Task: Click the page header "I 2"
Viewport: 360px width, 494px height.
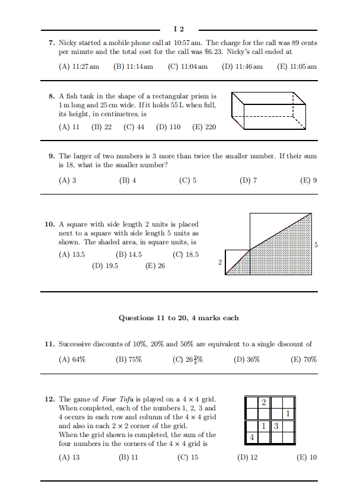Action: tap(179, 28)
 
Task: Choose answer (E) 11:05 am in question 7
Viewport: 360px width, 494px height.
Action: tap(297, 66)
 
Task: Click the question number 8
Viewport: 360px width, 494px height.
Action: tap(51, 95)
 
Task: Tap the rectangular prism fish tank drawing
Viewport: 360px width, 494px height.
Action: tap(269, 111)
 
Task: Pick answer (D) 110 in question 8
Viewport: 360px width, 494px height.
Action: tap(168, 127)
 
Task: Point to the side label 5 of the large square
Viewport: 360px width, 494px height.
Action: tap(316, 245)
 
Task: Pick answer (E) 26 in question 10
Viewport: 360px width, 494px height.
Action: tap(155, 266)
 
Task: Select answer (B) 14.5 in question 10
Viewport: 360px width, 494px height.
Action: tap(129, 254)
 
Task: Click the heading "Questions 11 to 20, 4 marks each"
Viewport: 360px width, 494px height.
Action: tap(179, 318)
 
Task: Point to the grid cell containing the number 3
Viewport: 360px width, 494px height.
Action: tap(276, 426)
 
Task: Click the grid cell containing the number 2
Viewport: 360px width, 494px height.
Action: tap(264, 403)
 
